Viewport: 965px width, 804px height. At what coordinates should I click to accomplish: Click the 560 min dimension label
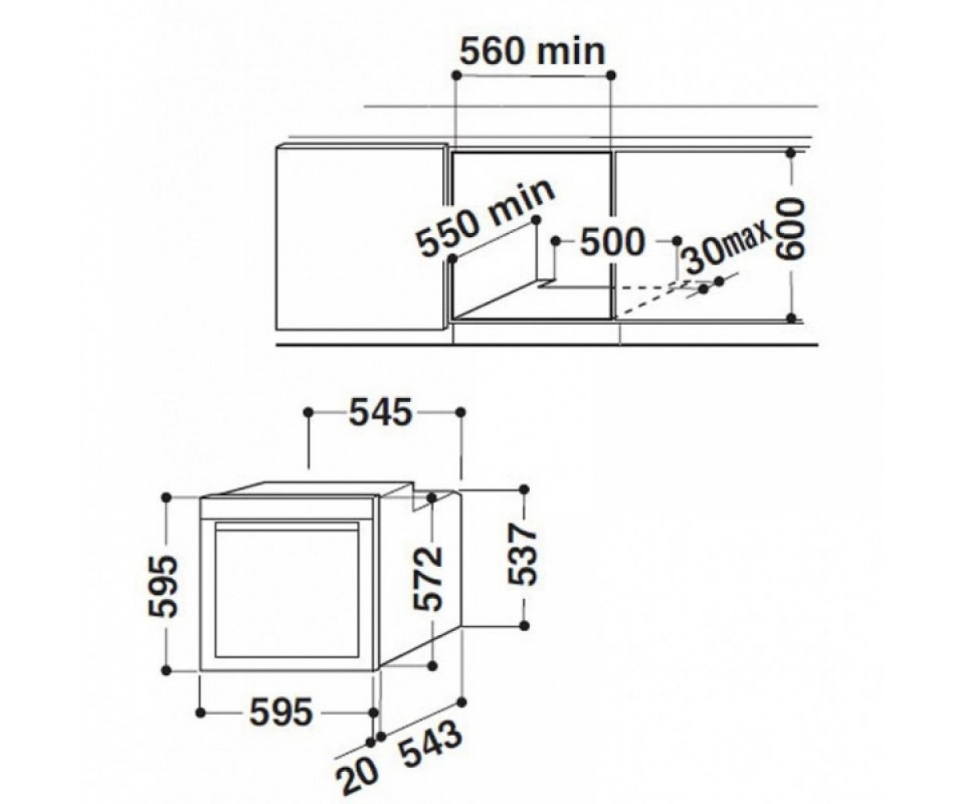(532, 51)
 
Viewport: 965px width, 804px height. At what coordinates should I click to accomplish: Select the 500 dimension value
(612, 241)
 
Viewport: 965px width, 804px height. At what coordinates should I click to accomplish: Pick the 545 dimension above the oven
(380, 412)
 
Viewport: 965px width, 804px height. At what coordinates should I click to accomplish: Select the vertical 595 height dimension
(162, 586)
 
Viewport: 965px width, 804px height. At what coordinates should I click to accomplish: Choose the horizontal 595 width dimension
(281, 712)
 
